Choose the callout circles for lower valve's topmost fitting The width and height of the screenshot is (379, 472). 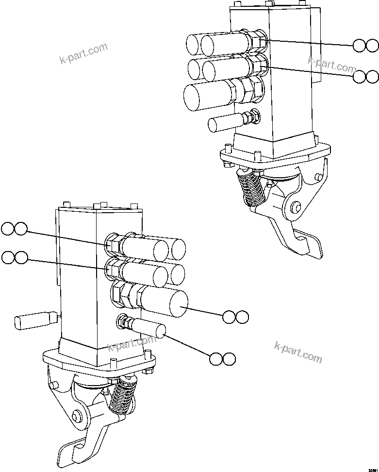coord(14,229)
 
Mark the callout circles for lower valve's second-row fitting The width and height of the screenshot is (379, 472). coord(14,258)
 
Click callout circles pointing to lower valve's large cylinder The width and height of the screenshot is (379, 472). coord(235,317)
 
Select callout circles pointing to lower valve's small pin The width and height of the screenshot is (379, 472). coord(223,359)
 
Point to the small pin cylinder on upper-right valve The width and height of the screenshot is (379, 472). coord(224,123)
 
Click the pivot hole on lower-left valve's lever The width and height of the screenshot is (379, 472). coord(76,416)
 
